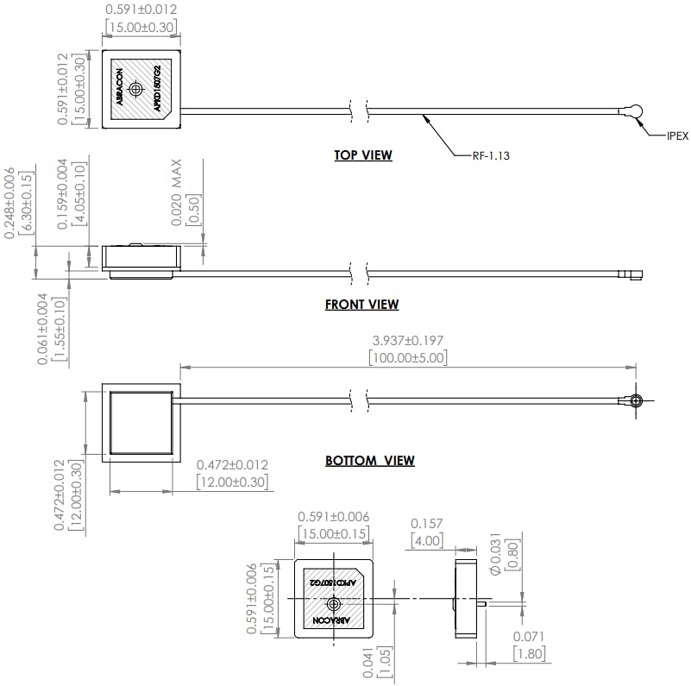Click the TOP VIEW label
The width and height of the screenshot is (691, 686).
point(363,155)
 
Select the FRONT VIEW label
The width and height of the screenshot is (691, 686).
point(361,304)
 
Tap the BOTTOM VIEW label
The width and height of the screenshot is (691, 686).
point(369,461)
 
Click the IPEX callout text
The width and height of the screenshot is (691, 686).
point(677,136)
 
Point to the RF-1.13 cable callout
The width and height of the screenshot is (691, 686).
point(491,155)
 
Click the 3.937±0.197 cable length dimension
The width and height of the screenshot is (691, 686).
point(407,341)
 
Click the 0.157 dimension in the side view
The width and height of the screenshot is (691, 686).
point(426,523)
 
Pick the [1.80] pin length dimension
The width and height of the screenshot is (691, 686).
point(529,654)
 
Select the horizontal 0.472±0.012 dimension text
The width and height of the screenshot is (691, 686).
point(232,464)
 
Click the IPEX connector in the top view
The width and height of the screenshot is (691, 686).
point(635,110)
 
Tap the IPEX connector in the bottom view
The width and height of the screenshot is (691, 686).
point(635,400)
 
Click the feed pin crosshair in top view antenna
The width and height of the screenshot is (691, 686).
point(135,89)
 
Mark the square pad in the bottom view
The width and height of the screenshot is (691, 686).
point(141,422)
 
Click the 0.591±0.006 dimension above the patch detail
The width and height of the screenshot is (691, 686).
point(333,517)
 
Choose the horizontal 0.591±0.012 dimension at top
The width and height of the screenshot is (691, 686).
point(141,10)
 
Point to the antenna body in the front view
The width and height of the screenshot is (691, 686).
point(141,257)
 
